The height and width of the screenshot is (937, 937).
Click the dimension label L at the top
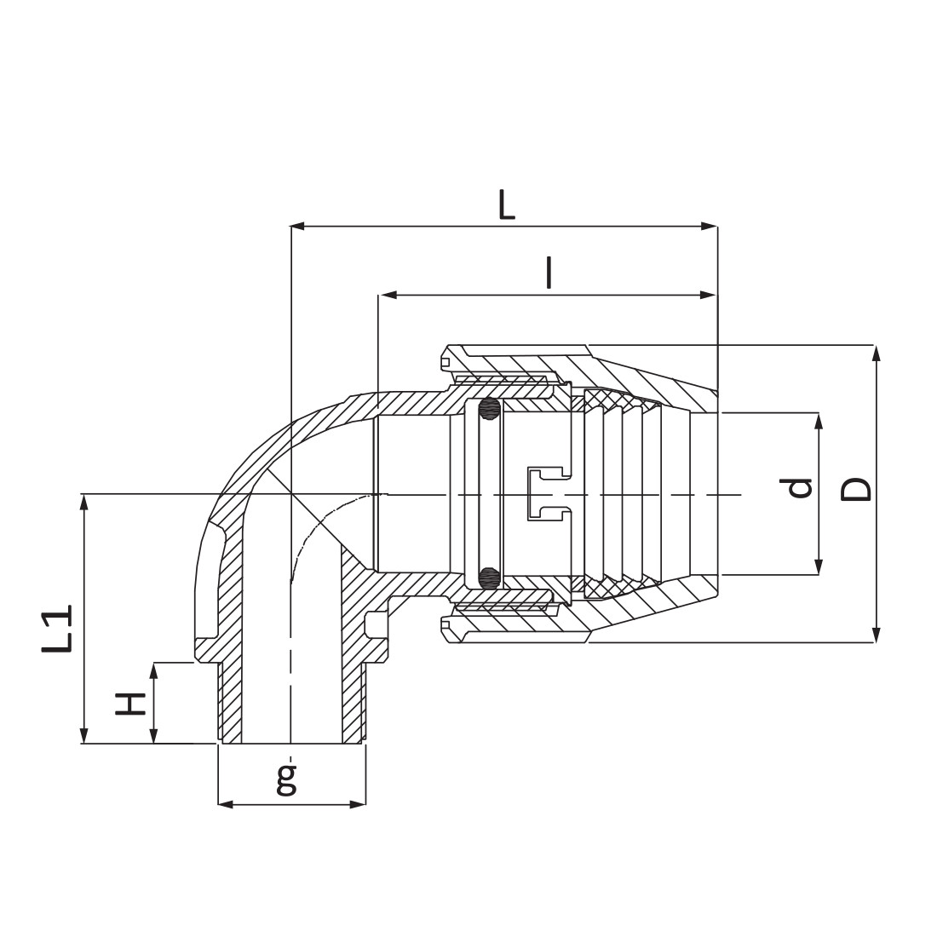pyautogui.click(x=507, y=205)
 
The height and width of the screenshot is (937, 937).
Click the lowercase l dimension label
pyautogui.click(x=549, y=273)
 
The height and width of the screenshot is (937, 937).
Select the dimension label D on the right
pyautogui.click(x=856, y=489)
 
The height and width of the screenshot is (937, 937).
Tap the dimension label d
pyautogui.click(x=799, y=487)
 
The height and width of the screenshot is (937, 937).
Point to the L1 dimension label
pyautogui.click(x=58, y=629)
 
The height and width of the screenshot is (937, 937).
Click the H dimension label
pyautogui.click(x=130, y=704)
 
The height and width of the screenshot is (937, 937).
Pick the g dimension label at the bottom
pyautogui.click(x=287, y=779)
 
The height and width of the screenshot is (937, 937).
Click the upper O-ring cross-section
pyautogui.click(x=488, y=411)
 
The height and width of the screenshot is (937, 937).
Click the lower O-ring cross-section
pyautogui.click(x=488, y=578)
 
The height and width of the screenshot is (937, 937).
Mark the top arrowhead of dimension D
pyautogui.click(x=875, y=353)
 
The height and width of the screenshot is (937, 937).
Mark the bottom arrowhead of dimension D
pyautogui.click(x=875, y=635)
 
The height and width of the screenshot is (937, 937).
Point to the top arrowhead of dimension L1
pyautogui.click(x=83, y=502)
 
